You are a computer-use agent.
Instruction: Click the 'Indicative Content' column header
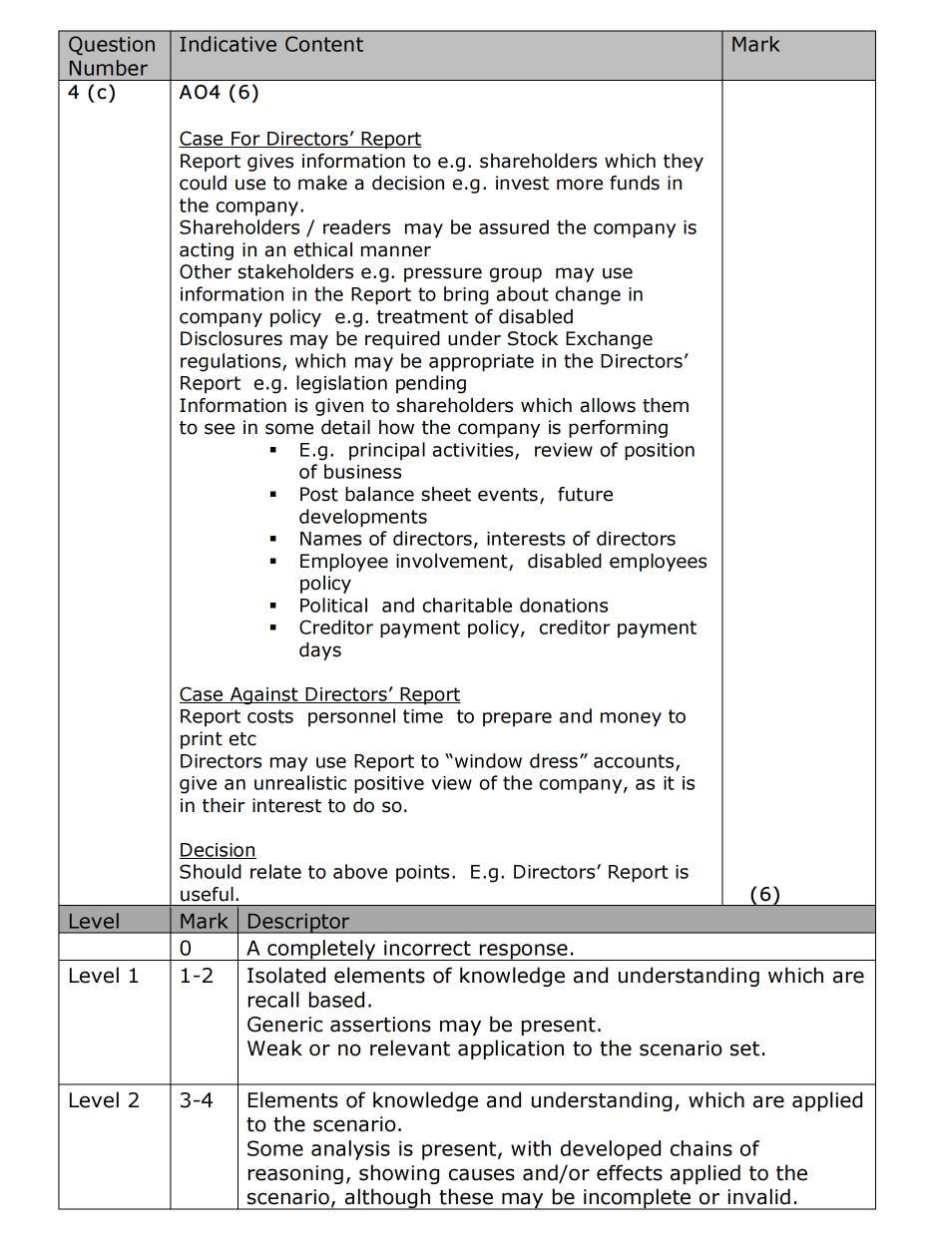tap(270, 45)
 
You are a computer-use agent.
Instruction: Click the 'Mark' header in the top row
tap(754, 45)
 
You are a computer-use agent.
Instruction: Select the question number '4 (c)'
tap(92, 93)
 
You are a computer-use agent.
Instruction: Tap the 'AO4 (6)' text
tap(219, 93)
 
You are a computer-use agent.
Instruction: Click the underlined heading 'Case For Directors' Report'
tap(299, 140)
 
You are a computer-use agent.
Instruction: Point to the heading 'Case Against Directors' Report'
tap(319, 694)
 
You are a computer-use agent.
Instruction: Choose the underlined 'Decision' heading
tap(218, 850)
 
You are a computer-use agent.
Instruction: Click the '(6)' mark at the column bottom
tap(764, 895)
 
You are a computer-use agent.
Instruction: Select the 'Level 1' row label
tap(104, 976)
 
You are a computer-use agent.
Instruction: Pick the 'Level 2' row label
tap(104, 1100)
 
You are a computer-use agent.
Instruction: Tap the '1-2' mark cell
tap(197, 976)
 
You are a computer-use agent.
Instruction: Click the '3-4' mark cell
tap(197, 1100)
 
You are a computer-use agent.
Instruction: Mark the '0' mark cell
tap(186, 948)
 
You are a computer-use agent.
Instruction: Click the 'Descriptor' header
tap(298, 921)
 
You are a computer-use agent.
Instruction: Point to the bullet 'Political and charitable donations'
tap(453, 606)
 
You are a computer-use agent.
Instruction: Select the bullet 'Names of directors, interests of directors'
tap(487, 539)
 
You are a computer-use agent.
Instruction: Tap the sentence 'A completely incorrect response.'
tap(410, 948)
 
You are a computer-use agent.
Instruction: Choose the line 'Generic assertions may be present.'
tap(424, 1025)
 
